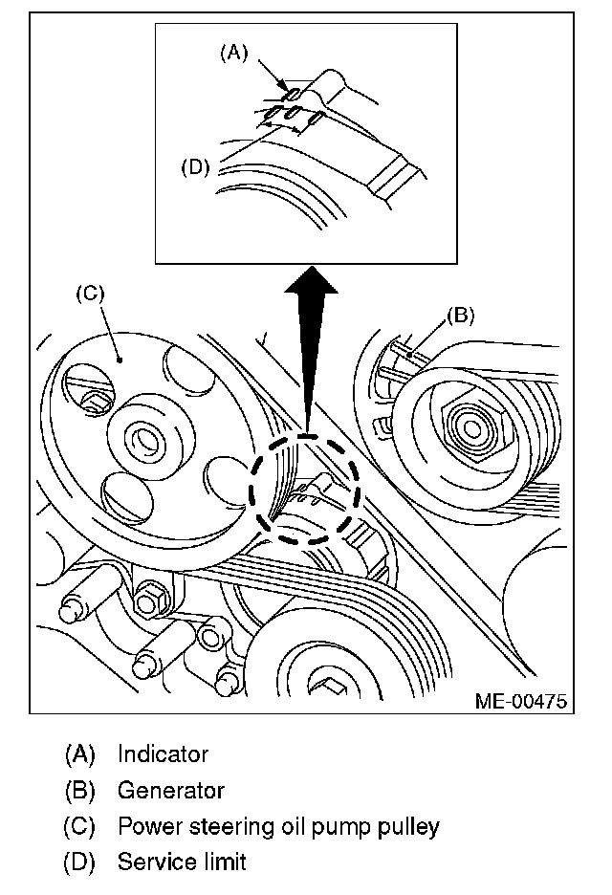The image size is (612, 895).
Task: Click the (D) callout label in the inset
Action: click(x=194, y=166)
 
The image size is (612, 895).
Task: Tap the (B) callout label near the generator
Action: click(x=461, y=315)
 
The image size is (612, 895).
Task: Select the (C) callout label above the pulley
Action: click(x=89, y=294)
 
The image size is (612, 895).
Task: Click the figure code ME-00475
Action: click(x=520, y=701)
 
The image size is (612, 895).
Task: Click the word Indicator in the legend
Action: click(x=163, y=754)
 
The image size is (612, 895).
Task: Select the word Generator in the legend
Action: click(x=170, y=791)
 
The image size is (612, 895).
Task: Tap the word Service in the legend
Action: click(x=150, y=862)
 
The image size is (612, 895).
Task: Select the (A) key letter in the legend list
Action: click(x=80, y=754)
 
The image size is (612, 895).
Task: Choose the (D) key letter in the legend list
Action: click(x=80, y=862)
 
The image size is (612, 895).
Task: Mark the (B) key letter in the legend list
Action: click(x=80, y=791)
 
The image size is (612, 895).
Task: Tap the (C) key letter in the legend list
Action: click(x=80, y=826)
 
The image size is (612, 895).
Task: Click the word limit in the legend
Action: click(x=223, y=862)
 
